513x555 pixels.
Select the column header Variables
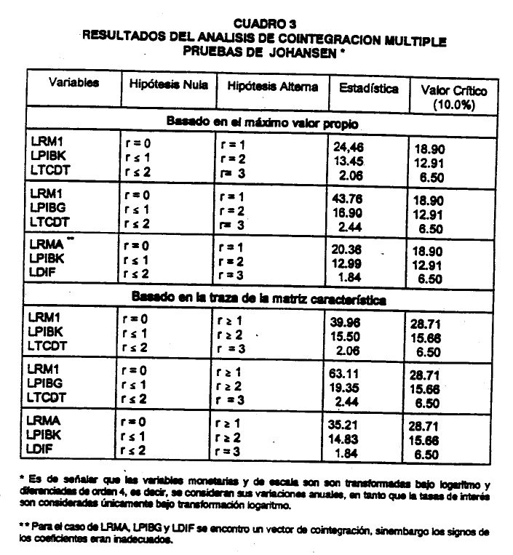tap(74, 84)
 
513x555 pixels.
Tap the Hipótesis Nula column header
tap(169, 85)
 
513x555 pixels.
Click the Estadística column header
tap(368, 89)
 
